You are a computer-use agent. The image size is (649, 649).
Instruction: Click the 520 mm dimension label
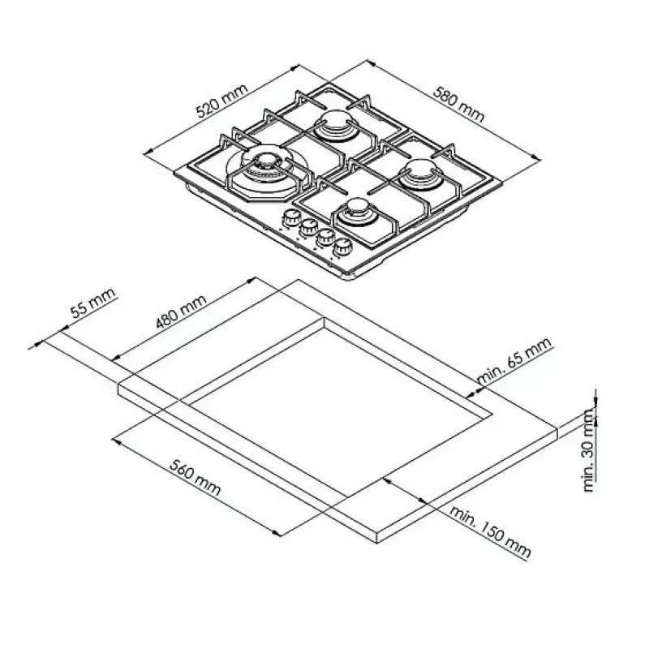[221, 101]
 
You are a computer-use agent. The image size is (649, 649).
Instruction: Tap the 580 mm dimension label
[458, 104]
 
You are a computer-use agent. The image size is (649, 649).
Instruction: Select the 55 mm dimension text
[92, 303]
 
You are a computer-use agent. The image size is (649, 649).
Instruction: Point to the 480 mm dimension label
[181, 312]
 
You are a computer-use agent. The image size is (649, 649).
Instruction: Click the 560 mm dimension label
[195, 477]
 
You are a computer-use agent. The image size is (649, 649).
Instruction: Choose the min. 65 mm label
[514, 360]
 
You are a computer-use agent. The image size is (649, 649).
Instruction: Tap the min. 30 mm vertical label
[589, 450]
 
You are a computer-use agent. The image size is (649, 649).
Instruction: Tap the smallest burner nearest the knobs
[356, 211]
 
